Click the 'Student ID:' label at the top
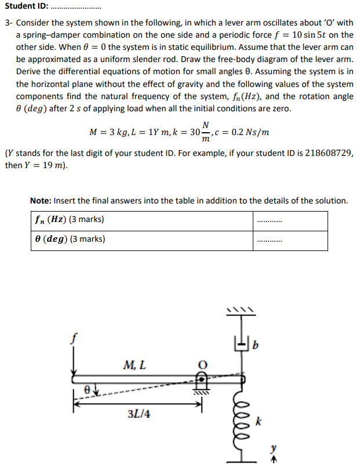point(26,8)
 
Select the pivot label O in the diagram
point(203,365)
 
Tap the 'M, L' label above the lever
point(134,365)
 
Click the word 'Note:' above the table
point(41,201)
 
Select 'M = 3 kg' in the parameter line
point(106,132)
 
